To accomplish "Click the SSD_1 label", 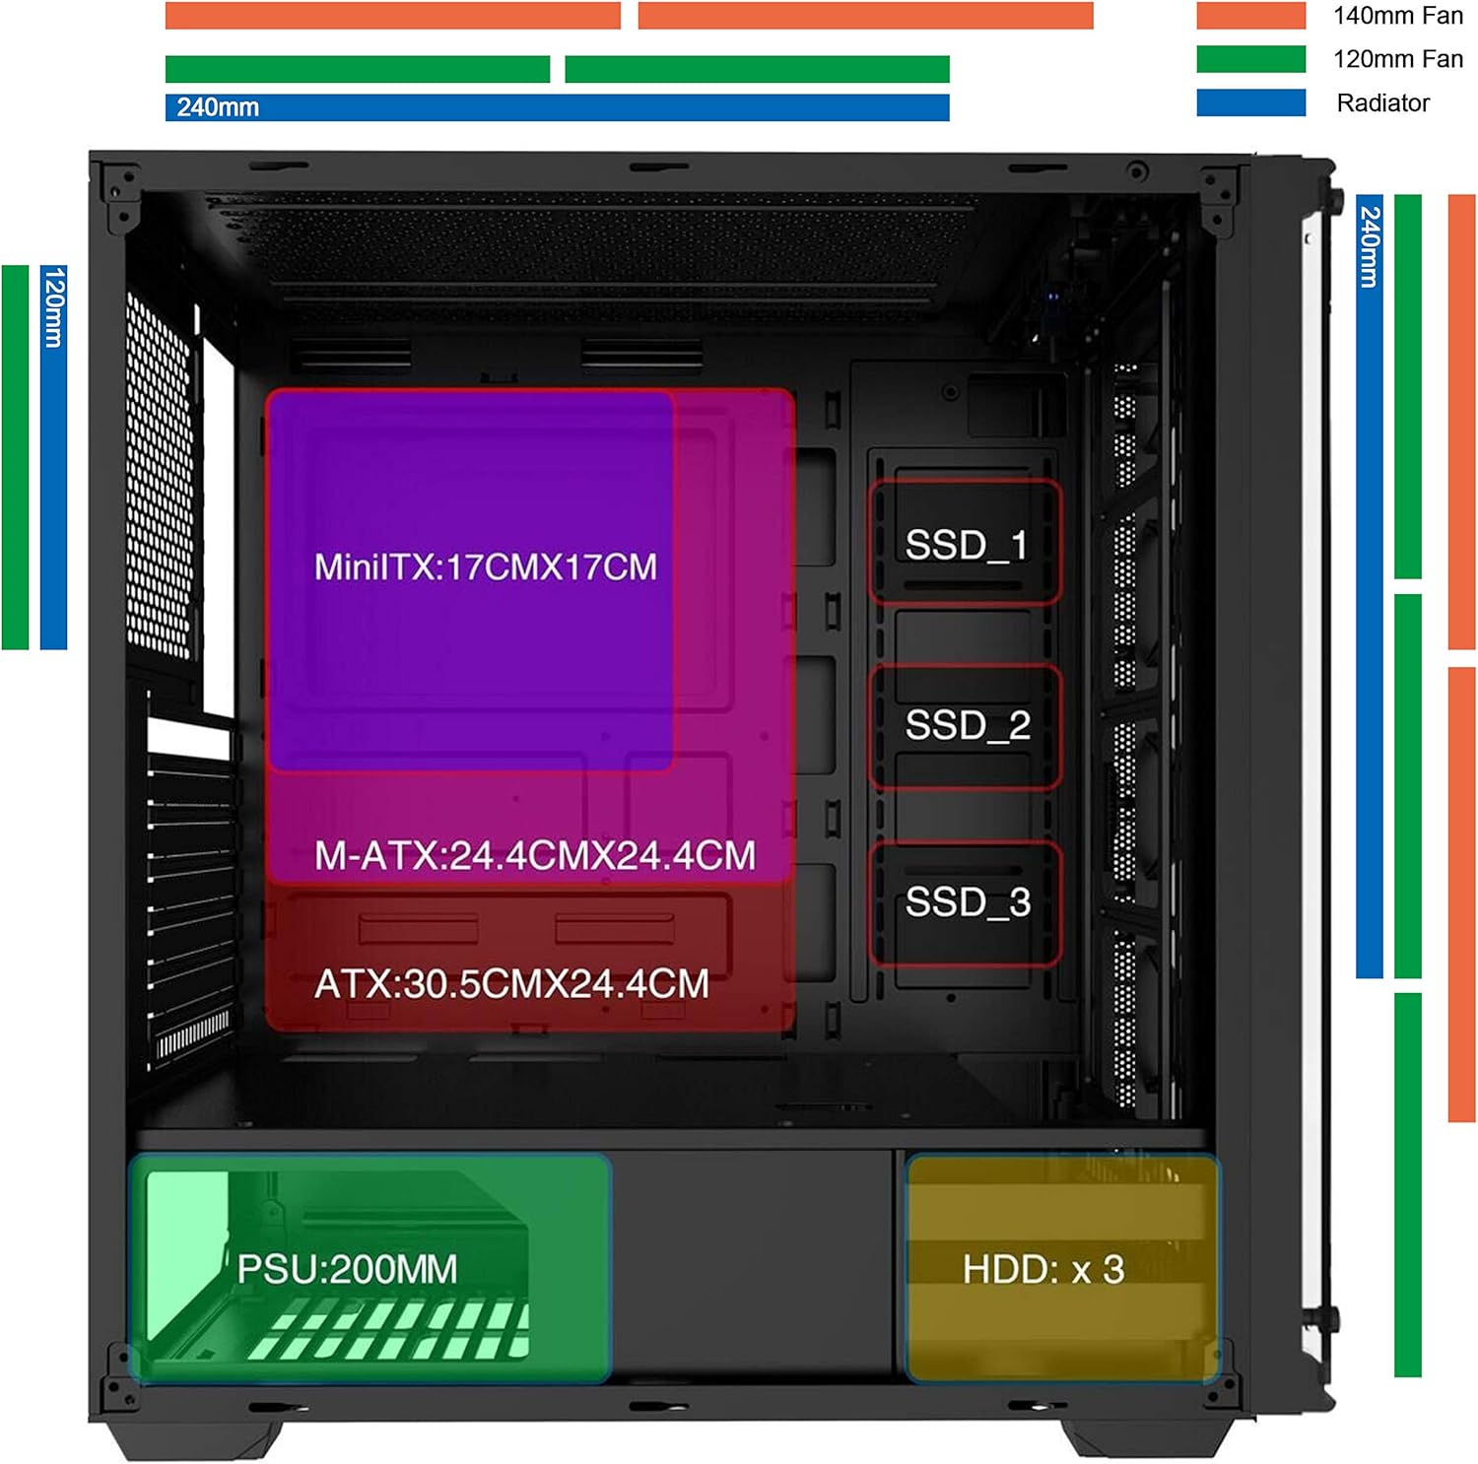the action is tap(966, 545).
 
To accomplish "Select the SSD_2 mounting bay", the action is tap(966, 726).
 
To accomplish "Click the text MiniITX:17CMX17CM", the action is tap(485, 567).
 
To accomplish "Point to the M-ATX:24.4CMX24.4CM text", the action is tap(534, 855).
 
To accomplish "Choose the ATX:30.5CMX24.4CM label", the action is tap(511, 984).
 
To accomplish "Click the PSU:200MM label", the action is tap(347, 1269).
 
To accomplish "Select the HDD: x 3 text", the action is tap(1043, 1270).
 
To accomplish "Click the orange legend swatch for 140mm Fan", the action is tap(1250, 16).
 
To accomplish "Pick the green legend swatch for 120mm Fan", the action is tap(1250, 59).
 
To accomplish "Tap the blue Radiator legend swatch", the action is tap(1250, 102).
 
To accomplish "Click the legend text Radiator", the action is tap(1382, 102).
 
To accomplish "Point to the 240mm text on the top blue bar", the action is tap(218, 107).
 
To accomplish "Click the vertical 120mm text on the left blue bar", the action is tap(54, 307).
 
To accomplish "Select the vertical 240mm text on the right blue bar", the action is tap(1370, 246).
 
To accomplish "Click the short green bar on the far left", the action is tap(16, 457).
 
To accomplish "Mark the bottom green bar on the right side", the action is tap(1408, 1184).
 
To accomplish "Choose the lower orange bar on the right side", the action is tap(1461, 895).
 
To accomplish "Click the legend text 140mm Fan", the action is tap(1397, 16).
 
